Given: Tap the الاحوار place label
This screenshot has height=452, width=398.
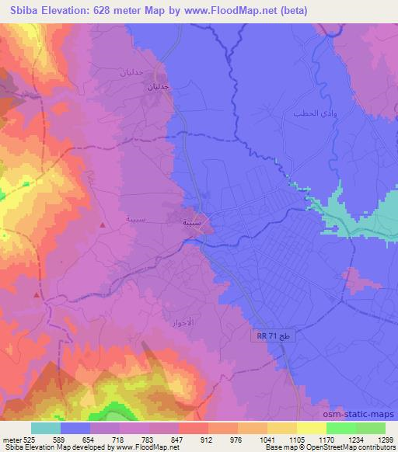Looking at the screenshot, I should [180, 321].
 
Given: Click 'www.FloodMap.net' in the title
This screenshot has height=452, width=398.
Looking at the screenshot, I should [238, 10].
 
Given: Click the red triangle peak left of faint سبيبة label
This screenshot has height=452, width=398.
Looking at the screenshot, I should [103, 224].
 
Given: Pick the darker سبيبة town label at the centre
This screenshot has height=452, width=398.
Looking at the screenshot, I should [194, 223].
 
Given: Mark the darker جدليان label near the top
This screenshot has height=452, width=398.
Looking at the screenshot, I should [159, 88].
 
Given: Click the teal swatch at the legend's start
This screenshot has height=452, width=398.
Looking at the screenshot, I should [46, 427].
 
